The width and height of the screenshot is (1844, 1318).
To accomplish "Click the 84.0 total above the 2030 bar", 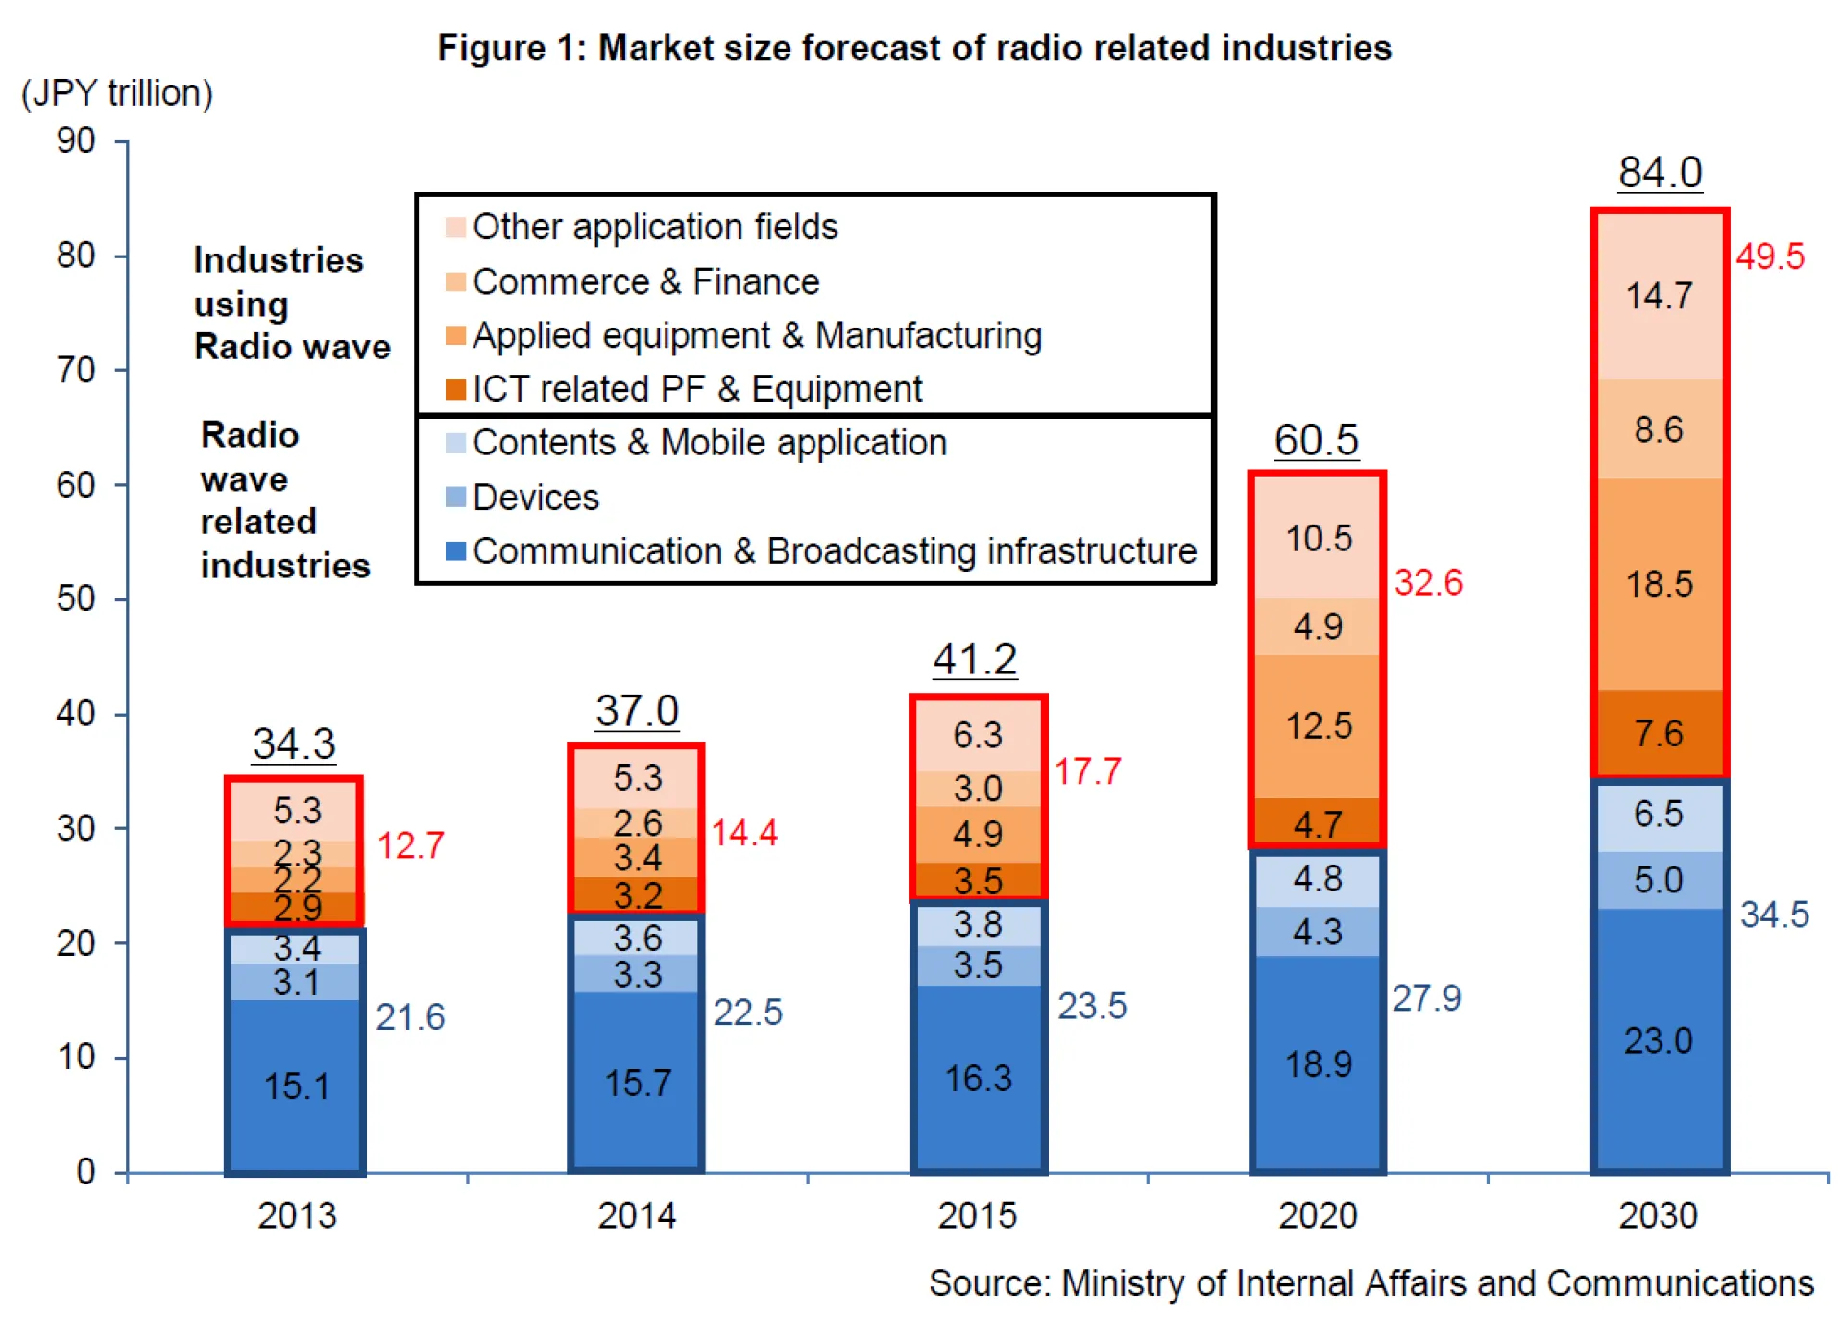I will tap(1660, 174).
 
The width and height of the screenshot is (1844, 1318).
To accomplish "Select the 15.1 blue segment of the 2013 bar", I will tap(296, 1086).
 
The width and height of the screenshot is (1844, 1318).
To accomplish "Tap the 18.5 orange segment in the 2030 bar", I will tap(1659, 584).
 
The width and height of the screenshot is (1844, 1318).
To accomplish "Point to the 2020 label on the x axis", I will tap(1318, 1215).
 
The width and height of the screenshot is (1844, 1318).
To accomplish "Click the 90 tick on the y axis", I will tap(76, 141).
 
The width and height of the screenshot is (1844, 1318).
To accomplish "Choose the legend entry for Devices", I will tap(535, 498).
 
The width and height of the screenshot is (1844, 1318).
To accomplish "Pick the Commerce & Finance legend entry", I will tap(645, 281).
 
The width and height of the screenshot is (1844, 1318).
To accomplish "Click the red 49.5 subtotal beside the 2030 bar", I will tap(1770, 256).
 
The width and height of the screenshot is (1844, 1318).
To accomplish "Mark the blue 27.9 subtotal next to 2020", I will tap(1426, 998).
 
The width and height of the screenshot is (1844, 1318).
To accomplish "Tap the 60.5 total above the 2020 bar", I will tap(1316, 441).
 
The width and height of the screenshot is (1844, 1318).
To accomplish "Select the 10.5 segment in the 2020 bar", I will tap(1319, 539).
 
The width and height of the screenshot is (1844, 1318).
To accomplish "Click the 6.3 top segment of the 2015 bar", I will tap(978, 736).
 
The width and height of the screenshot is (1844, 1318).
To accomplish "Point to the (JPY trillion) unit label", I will tap(117, 93).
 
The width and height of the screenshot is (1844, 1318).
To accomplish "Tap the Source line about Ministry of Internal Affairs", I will tap(1371, 1283).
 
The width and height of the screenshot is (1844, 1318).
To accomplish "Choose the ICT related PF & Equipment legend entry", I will tap(696, 389).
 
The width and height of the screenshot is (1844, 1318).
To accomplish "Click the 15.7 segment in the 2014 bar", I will tap(637, 1084).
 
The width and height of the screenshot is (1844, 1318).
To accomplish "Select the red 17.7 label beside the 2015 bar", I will tap(1087, 771).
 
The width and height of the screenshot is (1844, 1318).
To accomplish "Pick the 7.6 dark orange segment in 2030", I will tap(1659, 734).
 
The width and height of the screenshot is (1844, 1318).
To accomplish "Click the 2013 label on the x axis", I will tap(297, 1215).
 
